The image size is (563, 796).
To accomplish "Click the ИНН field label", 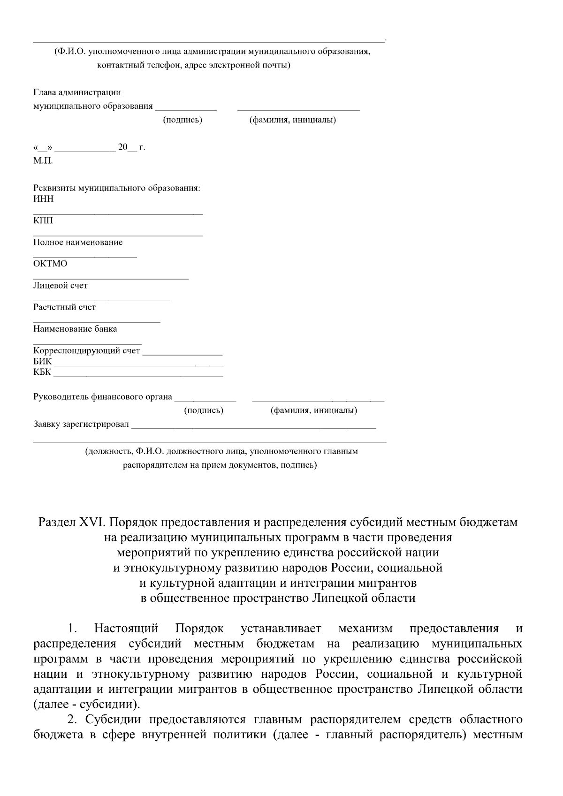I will tap(43, 199).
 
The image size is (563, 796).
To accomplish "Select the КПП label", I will tap(43, 220).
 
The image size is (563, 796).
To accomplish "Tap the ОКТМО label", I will tap(50, 264).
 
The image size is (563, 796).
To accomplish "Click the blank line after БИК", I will tap(138, 364).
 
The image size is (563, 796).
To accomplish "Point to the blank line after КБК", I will tap(138, 376).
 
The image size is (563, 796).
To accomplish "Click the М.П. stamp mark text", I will tap(43, 161).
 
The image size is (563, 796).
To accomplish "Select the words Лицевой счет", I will tap(60, 285).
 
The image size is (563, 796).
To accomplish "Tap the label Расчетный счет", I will tap(64, 307).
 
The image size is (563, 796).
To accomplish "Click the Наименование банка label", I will tap(75, 329).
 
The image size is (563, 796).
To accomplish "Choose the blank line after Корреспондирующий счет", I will tap(182, 354).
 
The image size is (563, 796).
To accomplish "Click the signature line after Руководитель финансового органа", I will tap(205, 400).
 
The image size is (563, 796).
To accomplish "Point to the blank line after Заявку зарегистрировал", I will tap(253, 427).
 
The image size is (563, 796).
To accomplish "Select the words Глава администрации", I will tap(77, 92).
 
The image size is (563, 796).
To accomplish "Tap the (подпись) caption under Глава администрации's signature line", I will tap(183, 120).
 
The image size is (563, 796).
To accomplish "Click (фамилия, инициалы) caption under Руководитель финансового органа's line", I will tap(313, 411).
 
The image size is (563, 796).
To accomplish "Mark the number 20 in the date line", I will tap(123, 148).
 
